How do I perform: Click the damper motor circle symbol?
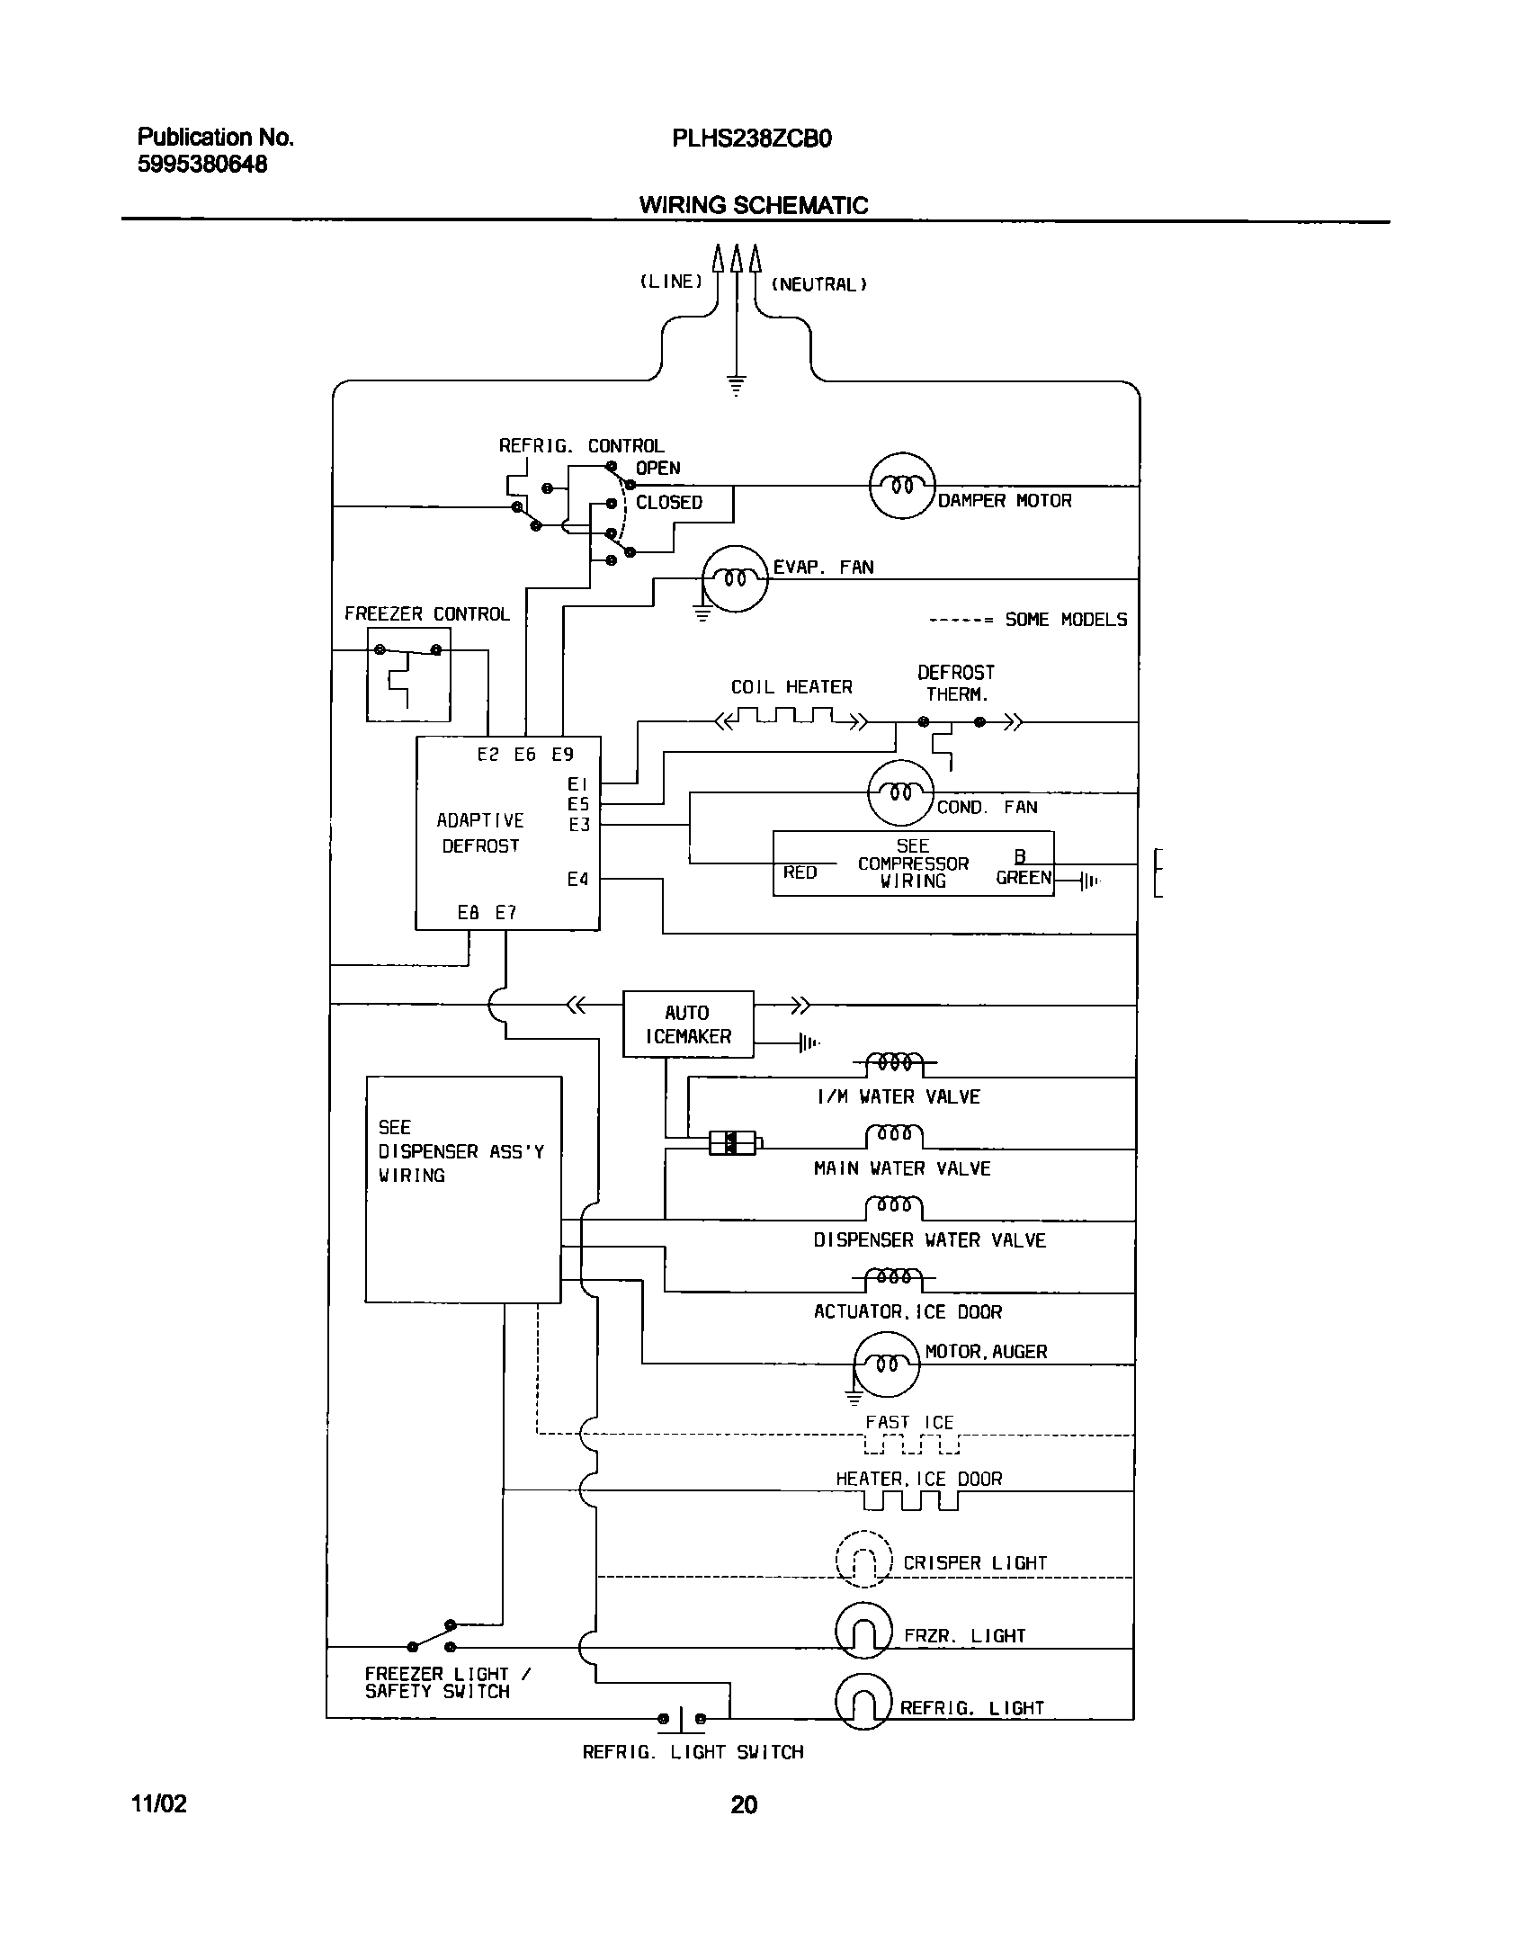point(902,486)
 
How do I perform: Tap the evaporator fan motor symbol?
point(735,578)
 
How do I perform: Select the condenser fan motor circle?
point(900,792)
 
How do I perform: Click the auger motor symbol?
point(886,1364)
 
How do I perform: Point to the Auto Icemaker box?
point(688,1024)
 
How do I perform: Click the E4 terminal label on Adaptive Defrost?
point(577,879)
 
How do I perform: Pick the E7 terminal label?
point(506,912)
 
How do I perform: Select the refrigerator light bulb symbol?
point(863,1702)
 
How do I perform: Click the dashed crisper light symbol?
point(863,1559)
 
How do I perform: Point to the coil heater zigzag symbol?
point(791,718)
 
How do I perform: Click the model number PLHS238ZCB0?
point(751,139)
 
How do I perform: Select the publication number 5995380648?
point(201,164)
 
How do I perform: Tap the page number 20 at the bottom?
point(744,1804)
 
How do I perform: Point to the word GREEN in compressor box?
point(1023,878)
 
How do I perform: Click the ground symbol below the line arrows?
point(736,385)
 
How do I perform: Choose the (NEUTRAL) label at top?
point(818,284)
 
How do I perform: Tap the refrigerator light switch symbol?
point(681,1719)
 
